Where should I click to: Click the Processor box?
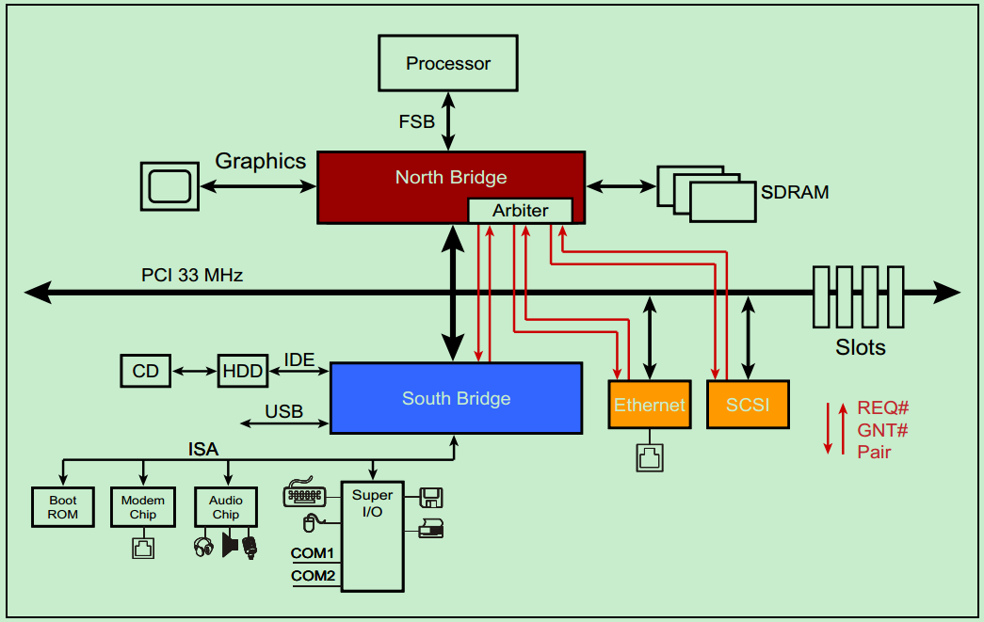[448, 64]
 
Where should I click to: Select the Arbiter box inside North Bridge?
[520, 211]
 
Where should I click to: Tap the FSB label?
[417, 121]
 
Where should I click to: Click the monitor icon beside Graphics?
[169, 185]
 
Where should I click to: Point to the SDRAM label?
[795, 192]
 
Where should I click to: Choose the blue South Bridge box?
[456, 398]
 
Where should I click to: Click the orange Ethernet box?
[649, 405]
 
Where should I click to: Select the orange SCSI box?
[748, 405]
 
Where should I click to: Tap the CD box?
[146, 371]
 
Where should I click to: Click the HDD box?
[243, 371]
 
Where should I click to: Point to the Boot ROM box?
[63, 507]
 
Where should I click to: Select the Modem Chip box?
[142, 507]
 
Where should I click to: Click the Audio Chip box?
[225, 507]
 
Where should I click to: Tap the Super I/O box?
[372, 536]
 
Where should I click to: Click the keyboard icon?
[304, 496]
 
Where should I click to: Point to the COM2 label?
[313, 576]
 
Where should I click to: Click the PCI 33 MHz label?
[192, 276]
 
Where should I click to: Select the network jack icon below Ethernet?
[649, 457]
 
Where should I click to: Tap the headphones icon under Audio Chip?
[203, 547]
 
